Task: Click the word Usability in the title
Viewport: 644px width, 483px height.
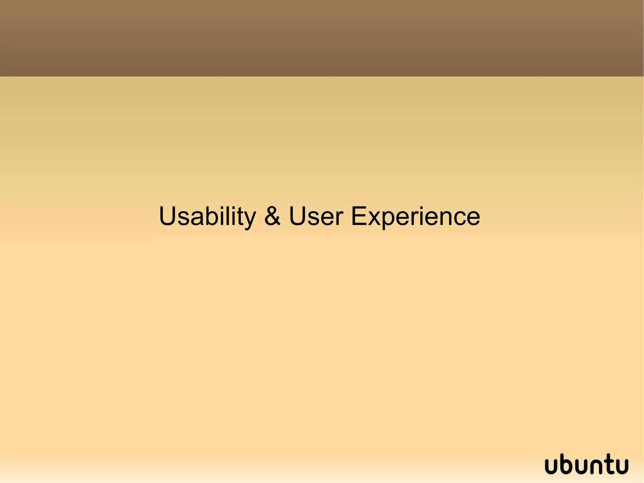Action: pos(207,217)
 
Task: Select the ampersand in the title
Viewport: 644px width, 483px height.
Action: pos(272,216)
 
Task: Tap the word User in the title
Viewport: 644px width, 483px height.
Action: pos(316,216)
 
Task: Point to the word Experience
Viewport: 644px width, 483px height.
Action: pos(415,217)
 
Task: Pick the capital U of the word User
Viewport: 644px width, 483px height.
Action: pos(298,216)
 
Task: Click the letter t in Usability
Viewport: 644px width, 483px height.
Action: pos(239,217)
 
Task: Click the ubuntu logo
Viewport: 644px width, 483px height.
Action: pos(586,464)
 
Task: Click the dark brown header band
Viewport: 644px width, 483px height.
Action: pos(322,38)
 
